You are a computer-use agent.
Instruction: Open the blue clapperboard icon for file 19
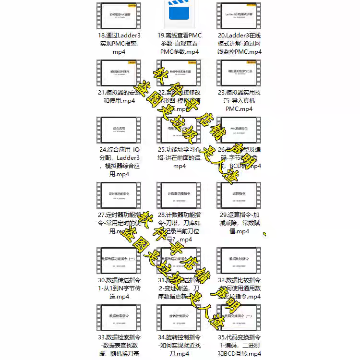(x=179, y=15)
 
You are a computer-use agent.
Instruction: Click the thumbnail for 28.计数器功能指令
(x=179, y=195)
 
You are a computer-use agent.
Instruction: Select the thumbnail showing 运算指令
(x=239, y=195)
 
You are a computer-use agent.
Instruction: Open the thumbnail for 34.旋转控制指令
(x=179, y=317)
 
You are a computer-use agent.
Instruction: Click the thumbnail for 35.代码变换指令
(x=239, y=317)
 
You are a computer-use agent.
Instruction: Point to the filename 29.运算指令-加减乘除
(x=239, y=223)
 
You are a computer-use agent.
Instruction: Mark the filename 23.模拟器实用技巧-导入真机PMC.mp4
(x=239, y=100)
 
